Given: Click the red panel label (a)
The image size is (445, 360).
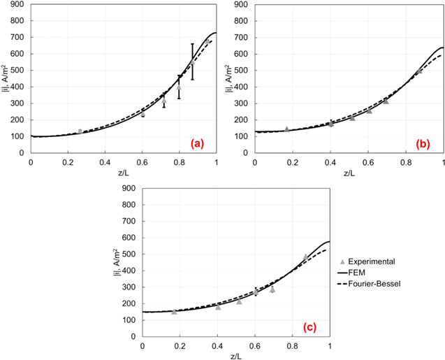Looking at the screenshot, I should (198, 143).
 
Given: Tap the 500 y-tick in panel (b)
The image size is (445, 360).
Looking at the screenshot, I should (242, 71).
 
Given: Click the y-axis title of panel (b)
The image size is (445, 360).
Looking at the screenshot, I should (228, 78).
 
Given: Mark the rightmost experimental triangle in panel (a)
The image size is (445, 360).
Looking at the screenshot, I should (207, 41).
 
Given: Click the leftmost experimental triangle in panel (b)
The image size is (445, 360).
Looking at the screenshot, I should (286, 129).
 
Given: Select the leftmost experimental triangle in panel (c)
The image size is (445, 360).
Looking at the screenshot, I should (174, 312).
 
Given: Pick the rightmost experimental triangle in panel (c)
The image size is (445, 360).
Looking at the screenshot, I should (305, 257).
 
